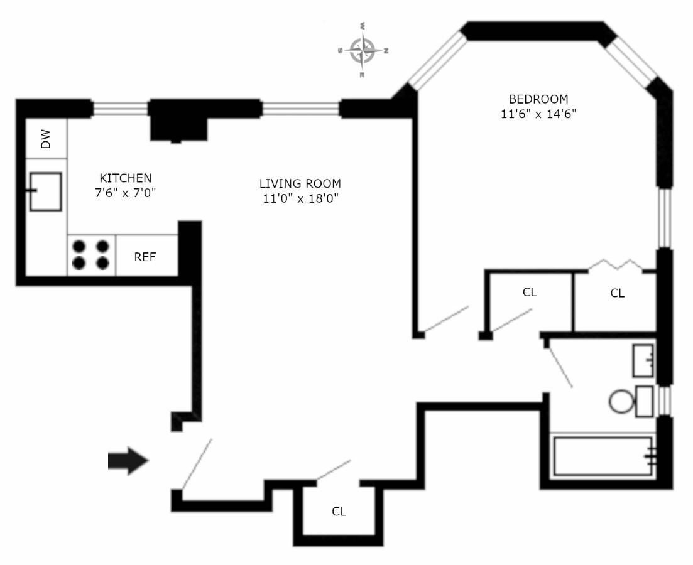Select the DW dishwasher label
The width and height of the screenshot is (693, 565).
pos(46,139)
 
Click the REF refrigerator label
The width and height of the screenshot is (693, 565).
pos(145,257)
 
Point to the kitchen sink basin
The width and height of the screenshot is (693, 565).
pos(46,191)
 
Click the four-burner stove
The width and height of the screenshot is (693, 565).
pos(91,254)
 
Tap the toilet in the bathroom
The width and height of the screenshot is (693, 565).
pos(622,401)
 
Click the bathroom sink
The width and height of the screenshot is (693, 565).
pos(643,360)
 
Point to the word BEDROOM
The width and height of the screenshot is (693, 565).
pos(538,99)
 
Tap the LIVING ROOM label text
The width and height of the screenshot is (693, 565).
pos(300,184)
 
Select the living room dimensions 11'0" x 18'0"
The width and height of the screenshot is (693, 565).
pos(300,199)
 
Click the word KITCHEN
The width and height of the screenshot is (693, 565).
pos(126,178)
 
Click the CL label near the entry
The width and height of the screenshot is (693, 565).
pos(339,512)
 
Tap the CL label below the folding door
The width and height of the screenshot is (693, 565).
pos(618,293)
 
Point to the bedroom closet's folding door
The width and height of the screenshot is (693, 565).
pos(615,264)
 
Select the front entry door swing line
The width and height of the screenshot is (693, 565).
pos(197,464)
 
